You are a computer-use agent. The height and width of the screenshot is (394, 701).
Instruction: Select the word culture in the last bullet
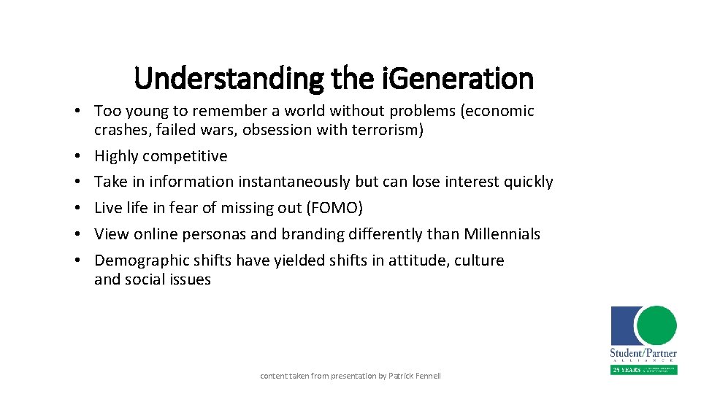(x=479, y=260)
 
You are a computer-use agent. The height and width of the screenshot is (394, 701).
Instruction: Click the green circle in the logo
(x=656, y=326)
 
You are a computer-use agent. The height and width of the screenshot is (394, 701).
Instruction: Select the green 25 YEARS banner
(x=644, y=369)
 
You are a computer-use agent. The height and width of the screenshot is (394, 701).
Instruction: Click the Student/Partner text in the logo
(x=644, y=353)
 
